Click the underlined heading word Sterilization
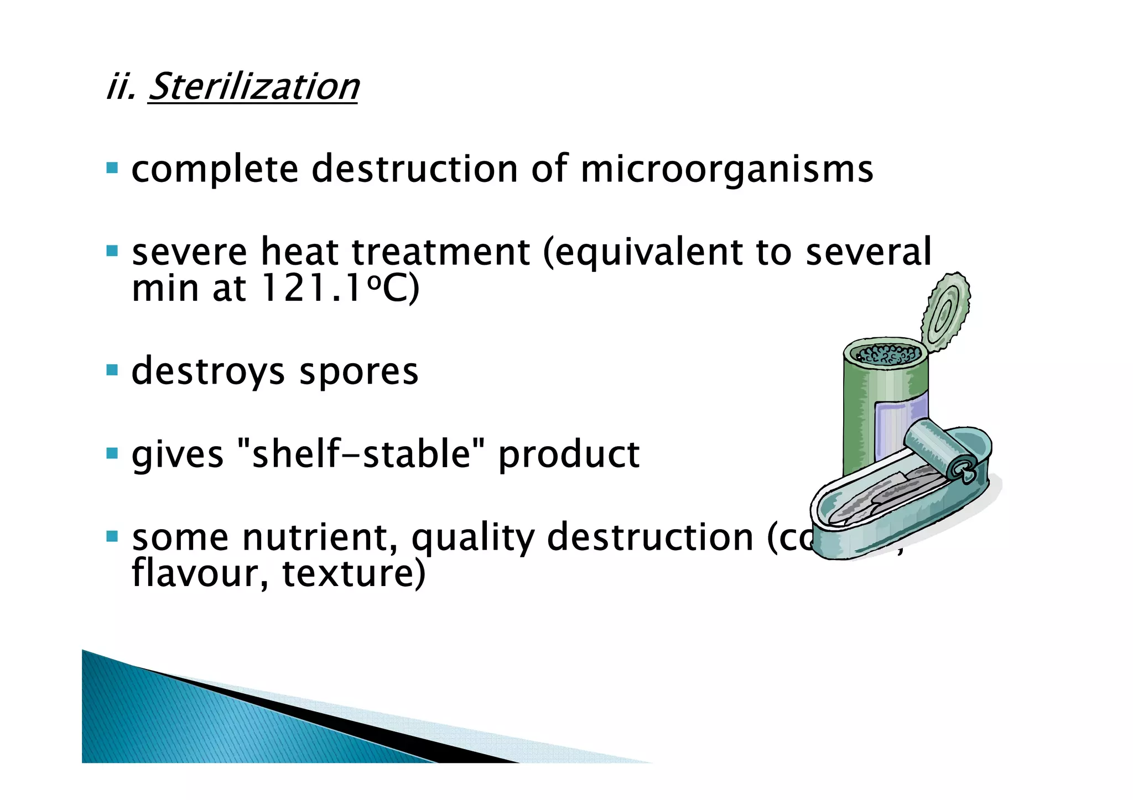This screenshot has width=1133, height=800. point(253,87)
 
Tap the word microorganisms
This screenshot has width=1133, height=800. point(726,169)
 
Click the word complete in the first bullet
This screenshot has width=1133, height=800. point(215,169)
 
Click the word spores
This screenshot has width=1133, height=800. point(358,372)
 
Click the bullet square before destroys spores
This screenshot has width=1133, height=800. point(112,370)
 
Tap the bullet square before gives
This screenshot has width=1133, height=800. point(112,453)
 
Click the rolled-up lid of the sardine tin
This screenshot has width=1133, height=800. point(940,451)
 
